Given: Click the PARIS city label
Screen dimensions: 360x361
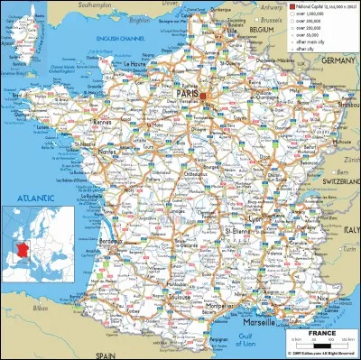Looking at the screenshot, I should click(x=189, y=92).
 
